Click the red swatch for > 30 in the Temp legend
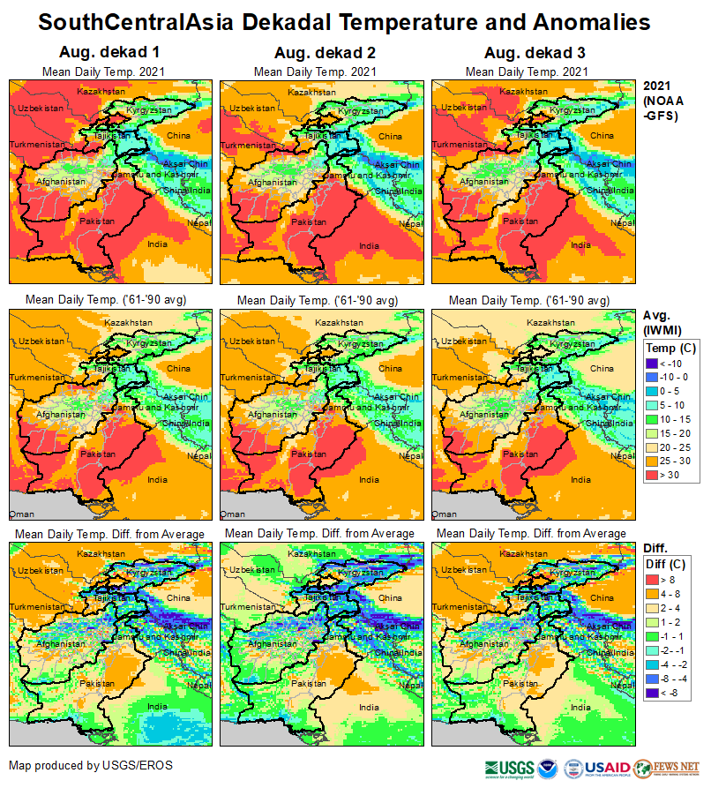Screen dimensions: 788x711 pyautogui.click(x=654, y=475)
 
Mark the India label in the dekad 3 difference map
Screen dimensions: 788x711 pyautogui.click(x=580, y=706)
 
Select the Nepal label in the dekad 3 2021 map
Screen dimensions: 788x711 pyautogui.click(x=622, y=224)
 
